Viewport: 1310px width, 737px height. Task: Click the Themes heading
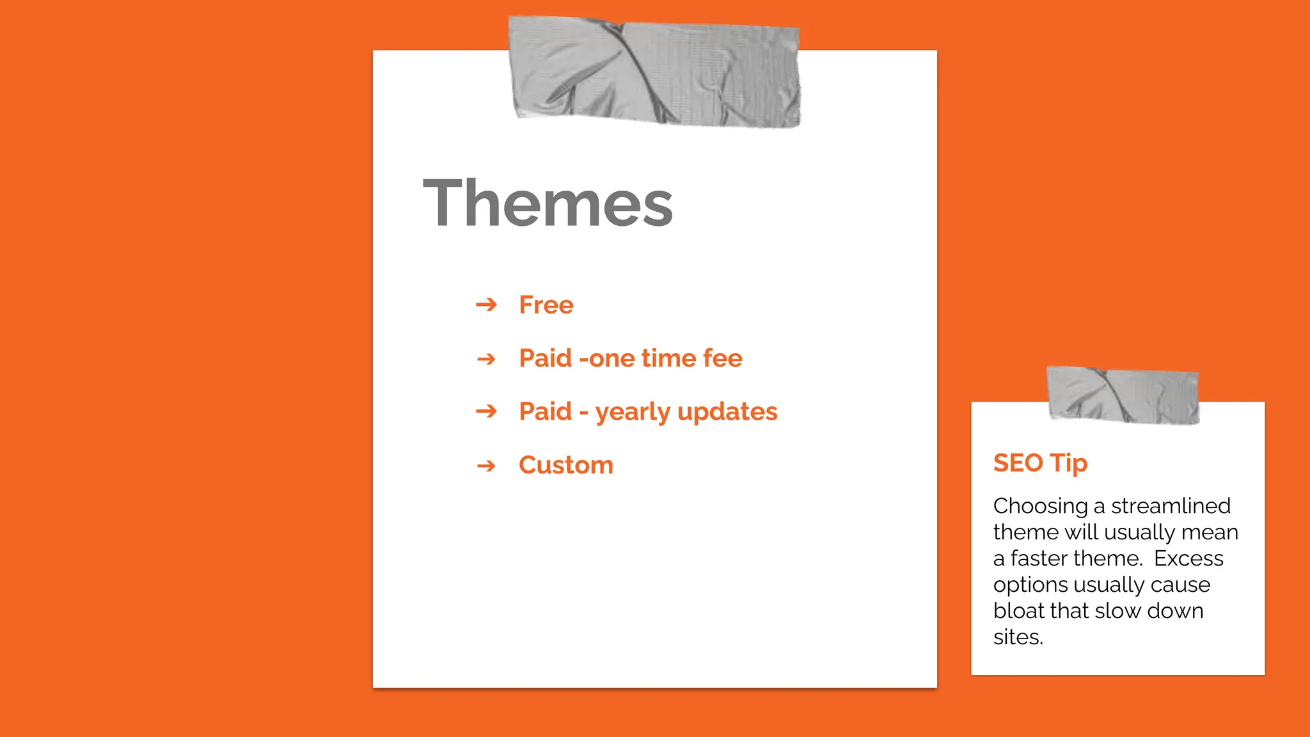point(548,203)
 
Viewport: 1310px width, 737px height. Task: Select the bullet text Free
point(546,305)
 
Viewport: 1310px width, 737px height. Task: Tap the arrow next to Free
point(486,305)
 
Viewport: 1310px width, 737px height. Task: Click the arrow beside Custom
point(486,465)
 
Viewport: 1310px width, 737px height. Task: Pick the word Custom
point(565,465)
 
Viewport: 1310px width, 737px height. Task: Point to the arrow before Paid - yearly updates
point(486,411)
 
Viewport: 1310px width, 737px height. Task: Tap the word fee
point(722,358)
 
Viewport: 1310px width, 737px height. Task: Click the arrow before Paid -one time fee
point(486,358)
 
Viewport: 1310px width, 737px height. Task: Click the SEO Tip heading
point(1040,463)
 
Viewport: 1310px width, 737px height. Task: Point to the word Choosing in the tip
point(1040,507)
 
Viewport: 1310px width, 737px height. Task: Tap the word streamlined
point(1171,506)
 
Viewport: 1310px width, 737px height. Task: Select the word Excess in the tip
point(1188,559)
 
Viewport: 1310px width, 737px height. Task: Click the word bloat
point(1020,611)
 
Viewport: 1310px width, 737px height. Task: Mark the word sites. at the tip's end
point(1018,637)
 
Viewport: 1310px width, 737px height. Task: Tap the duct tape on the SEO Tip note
point(1123,395)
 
